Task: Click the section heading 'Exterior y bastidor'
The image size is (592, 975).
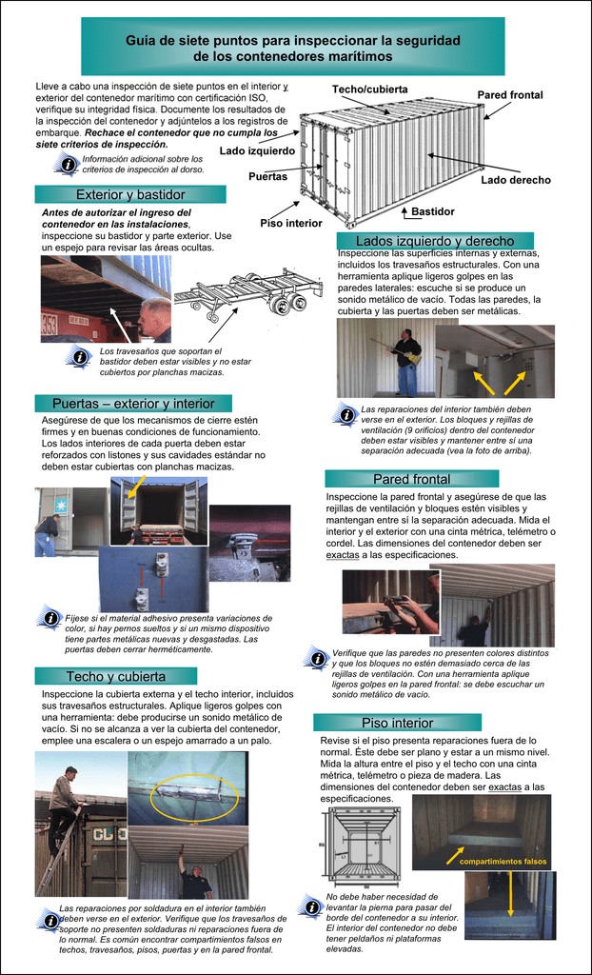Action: point(130,194)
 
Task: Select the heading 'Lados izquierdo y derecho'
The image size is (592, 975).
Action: point(435,241)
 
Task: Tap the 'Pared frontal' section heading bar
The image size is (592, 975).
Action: point(411,478)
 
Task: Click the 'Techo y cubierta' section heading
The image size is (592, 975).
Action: point(116,676)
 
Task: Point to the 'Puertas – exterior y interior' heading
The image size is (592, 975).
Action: point(133,403)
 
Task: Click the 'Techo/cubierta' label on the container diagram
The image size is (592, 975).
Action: point(369,90)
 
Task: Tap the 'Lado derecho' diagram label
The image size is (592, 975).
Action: point(515,180)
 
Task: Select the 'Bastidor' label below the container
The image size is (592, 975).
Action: point(432,211)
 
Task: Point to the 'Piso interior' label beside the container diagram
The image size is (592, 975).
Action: point(290,223)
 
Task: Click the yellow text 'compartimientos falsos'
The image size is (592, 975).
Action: point(503,862)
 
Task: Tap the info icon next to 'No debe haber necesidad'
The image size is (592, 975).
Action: point(311,907)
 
